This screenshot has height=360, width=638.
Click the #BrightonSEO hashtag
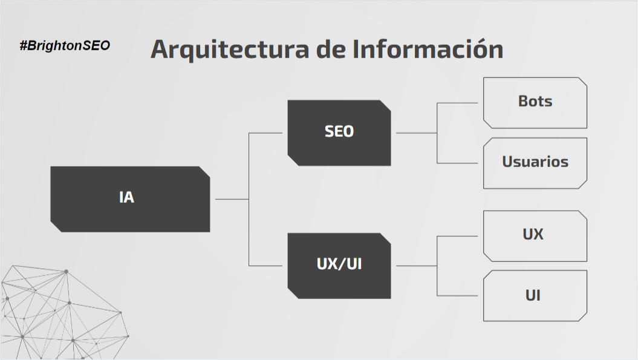click(x=65, y=45)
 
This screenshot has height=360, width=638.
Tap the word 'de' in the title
click(x=333, y=50)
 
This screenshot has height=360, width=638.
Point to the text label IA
click(x=126, y=198)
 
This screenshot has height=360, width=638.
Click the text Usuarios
click(x=535, y=162)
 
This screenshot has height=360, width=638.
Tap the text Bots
click(x=535, y=101)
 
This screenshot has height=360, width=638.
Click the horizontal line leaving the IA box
click(x=232, y=198)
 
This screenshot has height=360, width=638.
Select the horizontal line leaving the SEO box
click(x=416, y=133)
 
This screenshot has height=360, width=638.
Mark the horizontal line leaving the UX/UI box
click(x=416, y=266)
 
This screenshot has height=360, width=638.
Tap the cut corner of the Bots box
click(x=582, y=83)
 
